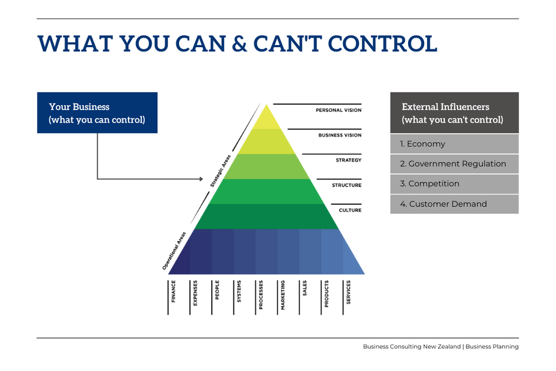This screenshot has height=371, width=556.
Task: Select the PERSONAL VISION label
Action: tap(339, 110)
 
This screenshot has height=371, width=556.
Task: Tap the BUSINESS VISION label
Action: tap(340, 135)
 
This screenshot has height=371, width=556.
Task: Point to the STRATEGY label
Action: tap(349, 160)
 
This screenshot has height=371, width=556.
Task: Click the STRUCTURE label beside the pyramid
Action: tap(346, 185)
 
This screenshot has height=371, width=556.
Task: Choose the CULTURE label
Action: tap(350, 210)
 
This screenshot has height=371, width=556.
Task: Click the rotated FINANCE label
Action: tap(173, 291)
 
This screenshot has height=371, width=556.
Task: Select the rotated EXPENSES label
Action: tap(195, 293)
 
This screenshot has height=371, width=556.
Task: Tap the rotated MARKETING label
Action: tap(283, 295)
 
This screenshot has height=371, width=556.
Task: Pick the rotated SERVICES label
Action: tap(349, 292)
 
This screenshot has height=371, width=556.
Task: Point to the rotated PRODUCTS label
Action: tap(327, 294)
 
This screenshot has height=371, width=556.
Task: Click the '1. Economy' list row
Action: tap(454, 144)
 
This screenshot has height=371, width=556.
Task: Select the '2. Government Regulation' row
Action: tap(454, 164)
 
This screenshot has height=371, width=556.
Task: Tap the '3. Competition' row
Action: tap(454, 184)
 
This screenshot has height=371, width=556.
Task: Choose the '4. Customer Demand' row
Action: tap(454, 204)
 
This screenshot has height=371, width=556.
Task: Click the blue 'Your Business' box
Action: tap(97, 113)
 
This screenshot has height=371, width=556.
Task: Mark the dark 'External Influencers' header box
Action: tap(454, 113)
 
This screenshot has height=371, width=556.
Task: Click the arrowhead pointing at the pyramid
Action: tap(201, 179)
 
